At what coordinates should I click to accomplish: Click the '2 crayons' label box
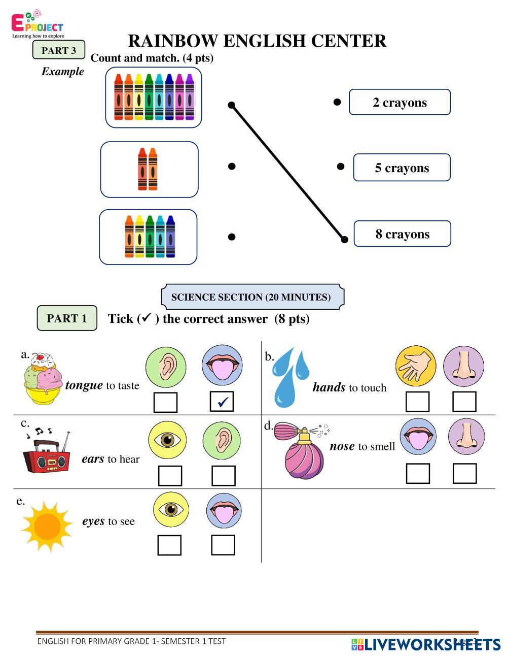pos(400,102)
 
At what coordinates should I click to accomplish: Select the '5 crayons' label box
pos(402,168)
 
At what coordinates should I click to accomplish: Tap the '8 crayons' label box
pos(402,234)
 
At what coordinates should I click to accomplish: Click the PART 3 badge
pos(59,50)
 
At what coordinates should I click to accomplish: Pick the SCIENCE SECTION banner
pos(252,297)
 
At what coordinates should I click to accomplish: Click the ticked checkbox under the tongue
pos(222,402)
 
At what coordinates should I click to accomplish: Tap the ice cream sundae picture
pos(43,378)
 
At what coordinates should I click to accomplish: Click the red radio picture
pos(46,454)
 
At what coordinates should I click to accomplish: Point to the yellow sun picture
pos(47,526)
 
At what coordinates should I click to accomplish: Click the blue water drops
pos(290,377)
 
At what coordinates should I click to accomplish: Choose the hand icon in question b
pos(415,366)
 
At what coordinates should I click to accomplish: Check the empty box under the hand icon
pos(417,402)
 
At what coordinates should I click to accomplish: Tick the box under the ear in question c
pos(223,476)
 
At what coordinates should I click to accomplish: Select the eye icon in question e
pos(171,509)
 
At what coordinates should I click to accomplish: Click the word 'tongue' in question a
pos(84,385)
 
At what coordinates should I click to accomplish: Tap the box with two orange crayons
pos(149,170)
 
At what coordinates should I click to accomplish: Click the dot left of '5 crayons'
pos(341,167)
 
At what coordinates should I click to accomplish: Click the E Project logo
pos(38,24)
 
